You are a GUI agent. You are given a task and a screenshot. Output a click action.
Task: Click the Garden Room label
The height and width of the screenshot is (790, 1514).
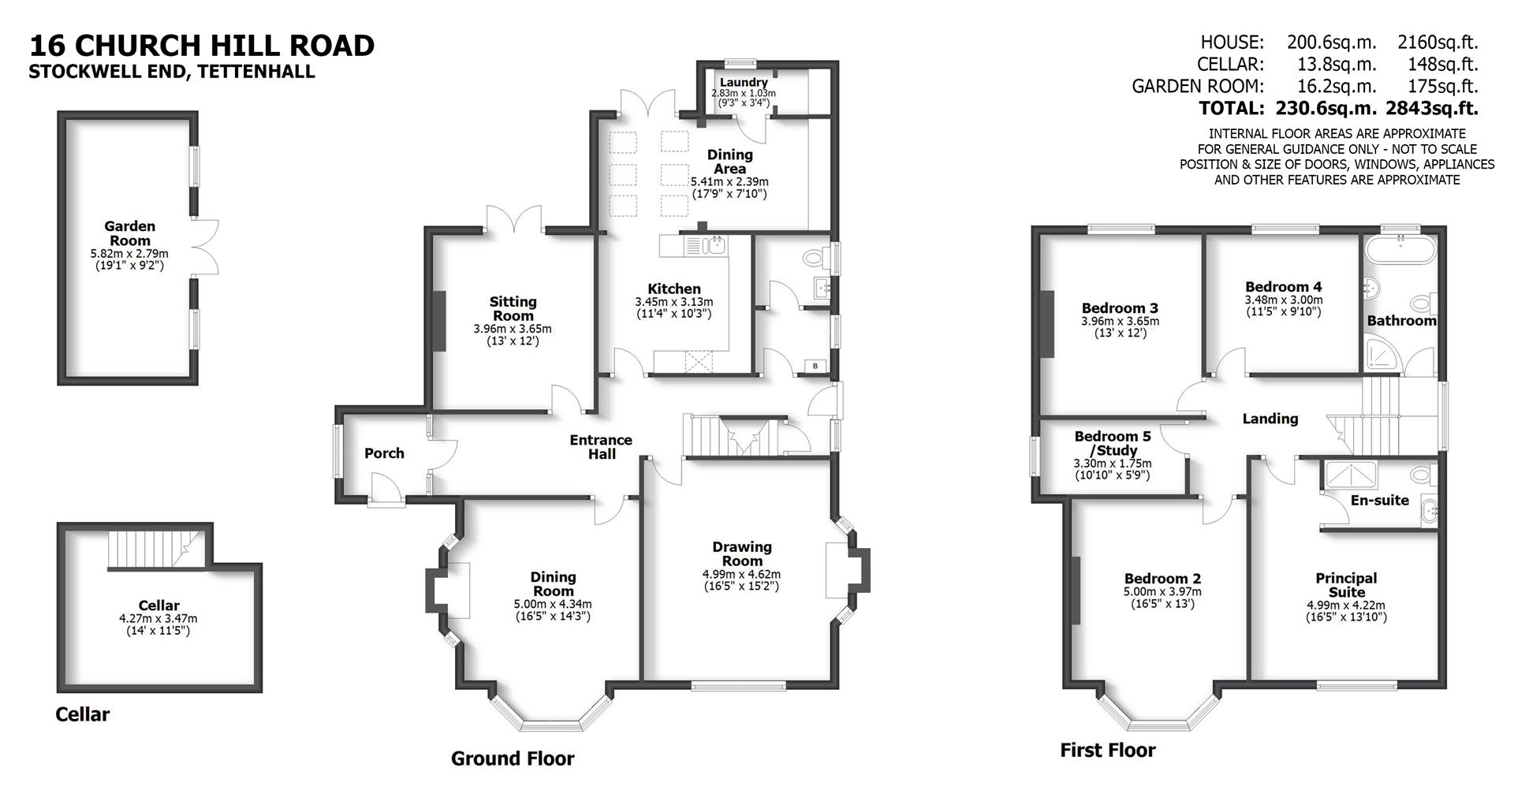tap(130, 233)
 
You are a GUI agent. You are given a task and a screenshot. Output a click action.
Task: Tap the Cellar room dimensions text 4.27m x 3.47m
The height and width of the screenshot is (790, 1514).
tap(158, 619)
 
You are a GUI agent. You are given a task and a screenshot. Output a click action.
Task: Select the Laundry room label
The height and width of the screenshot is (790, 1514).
tap(744, 82)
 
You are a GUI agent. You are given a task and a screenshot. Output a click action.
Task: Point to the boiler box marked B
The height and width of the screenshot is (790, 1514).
tap(815, 366)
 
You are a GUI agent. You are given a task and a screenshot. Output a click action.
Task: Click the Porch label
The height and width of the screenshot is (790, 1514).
tap(384, 453)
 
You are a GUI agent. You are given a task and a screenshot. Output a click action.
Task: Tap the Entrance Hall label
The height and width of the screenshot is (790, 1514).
tap(601, 447)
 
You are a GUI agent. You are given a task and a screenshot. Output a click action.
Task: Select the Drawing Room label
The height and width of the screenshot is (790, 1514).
tap(741, 553)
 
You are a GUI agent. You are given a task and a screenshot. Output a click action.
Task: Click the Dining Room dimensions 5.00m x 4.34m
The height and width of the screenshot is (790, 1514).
tap(552, 605)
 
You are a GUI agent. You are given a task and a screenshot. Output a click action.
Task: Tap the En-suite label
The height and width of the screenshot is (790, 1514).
tap(1379, 500)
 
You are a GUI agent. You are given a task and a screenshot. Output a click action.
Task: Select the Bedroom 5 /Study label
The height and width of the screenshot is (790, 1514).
tap(1113, 443)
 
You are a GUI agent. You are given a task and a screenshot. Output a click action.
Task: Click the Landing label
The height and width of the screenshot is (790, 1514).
tap(1270, 419)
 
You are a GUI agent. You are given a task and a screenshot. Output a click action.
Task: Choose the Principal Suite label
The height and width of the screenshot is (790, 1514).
tap(1346, 585)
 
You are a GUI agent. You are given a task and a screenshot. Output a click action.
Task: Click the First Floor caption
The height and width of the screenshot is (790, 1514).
tap(1107, 750)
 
